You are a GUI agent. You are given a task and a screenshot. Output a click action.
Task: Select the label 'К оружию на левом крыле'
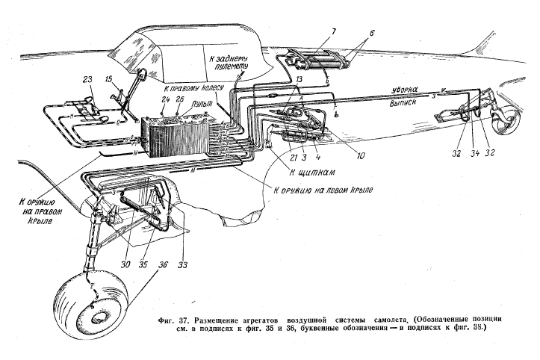pos(323,190)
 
